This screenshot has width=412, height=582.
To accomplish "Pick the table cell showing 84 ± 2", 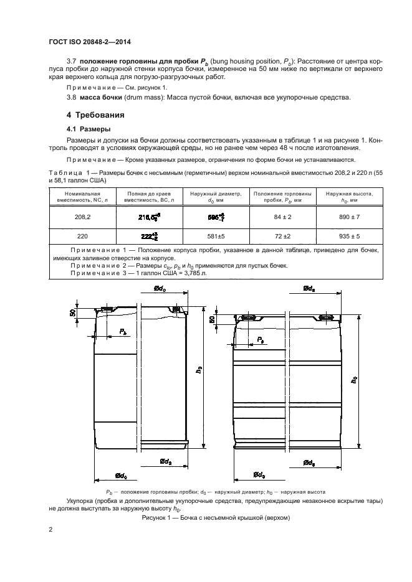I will (x=276, y=217).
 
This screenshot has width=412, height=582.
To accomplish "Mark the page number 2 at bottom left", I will (x=50, y=530).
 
